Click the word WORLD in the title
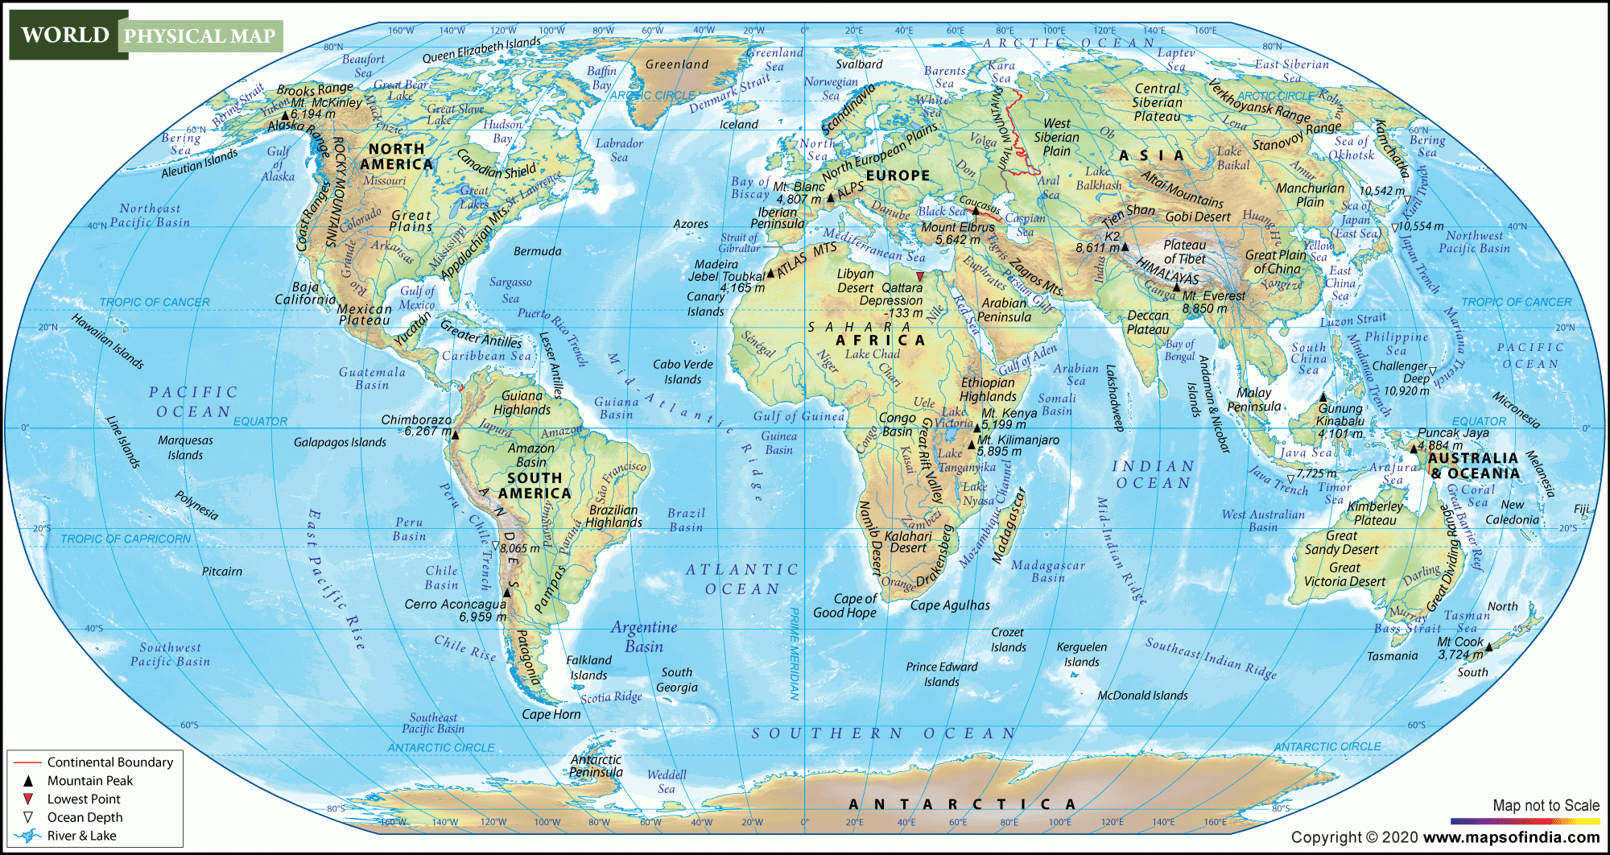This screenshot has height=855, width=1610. click(x=65, y=35)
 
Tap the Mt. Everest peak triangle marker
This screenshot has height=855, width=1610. click(x=1176, y=287)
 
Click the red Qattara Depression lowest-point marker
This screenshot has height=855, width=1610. click(x=920, y=277)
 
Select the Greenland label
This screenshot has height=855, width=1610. click(x=677, y=64)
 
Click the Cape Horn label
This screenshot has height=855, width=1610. click(x=551, y=714)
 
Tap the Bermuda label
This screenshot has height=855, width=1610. click(x=537, y=251)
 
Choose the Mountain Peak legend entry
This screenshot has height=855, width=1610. click(x=89, y=780)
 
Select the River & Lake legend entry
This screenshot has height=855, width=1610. click(x=81, y=836)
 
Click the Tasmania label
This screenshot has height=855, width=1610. click(x=1392, y=655)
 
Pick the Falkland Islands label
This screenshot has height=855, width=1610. click(x=588, y=667)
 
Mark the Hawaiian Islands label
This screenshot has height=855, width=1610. click(x=108, y=341)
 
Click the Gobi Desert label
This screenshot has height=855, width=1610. click(x=1198, y=217)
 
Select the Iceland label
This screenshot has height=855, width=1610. click(x=738, y=124)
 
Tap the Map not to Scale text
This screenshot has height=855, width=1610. click(x=1546, y=805)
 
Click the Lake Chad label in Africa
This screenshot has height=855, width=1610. click(x=872, y=353)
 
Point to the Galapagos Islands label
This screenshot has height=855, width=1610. click(x=340, y=442)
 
